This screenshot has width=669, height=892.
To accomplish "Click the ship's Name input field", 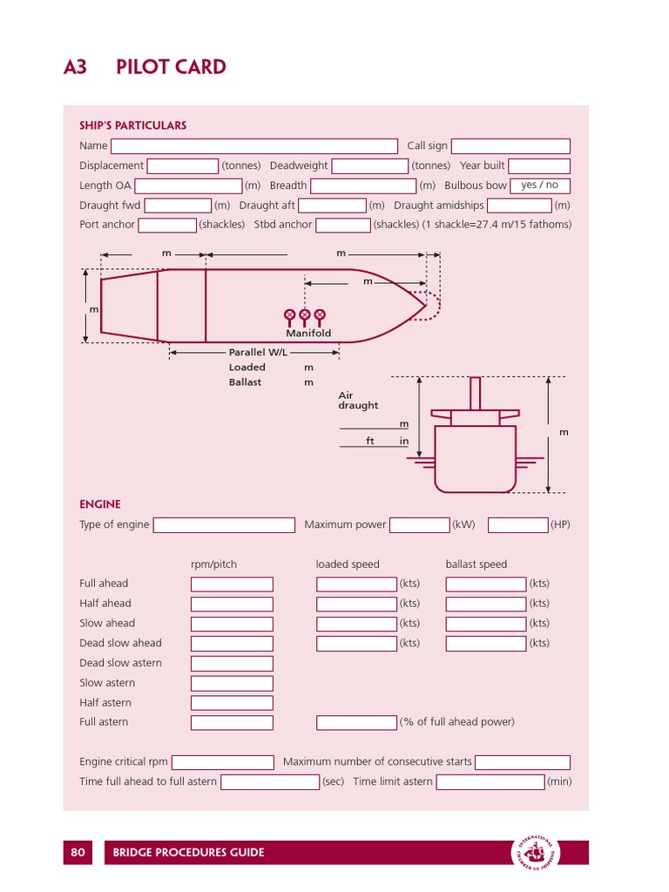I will point(253,146).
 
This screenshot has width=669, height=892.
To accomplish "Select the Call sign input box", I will point(510,146).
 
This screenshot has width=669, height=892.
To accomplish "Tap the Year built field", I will point(538,166).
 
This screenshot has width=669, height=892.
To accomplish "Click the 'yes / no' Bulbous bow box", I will point(539,186).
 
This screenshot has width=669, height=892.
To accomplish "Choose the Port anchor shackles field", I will point(167,226).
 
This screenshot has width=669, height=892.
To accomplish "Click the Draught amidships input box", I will point(519,206).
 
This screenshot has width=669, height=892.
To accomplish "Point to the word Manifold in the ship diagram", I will point(308,334).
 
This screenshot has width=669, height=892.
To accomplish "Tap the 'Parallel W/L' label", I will point(257,353).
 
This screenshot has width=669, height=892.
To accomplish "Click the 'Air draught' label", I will point(358,401).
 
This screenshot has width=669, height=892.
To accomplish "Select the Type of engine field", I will point(224,525).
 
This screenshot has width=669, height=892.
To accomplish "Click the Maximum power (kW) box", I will point(419,525).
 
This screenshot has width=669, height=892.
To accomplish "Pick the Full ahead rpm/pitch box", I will point(232,585).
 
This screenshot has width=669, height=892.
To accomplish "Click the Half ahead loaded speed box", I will point(356,604).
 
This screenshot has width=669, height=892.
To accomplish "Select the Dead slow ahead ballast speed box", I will point(486,644).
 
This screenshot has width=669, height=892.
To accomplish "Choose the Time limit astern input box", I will point(490,782).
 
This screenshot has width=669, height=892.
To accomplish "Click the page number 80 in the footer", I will point(78,853).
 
